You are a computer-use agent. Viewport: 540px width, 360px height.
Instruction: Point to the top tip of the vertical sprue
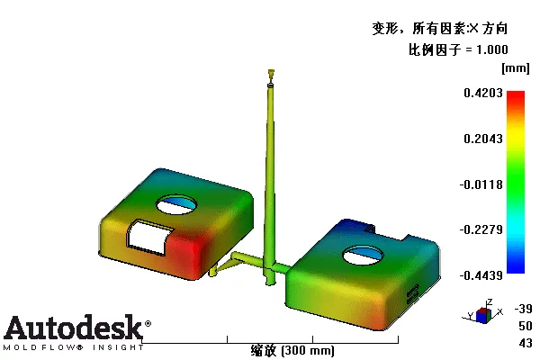270,71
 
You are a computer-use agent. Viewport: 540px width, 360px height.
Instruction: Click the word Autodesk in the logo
72,327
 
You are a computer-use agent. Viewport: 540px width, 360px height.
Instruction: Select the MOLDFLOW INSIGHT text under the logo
72,346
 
